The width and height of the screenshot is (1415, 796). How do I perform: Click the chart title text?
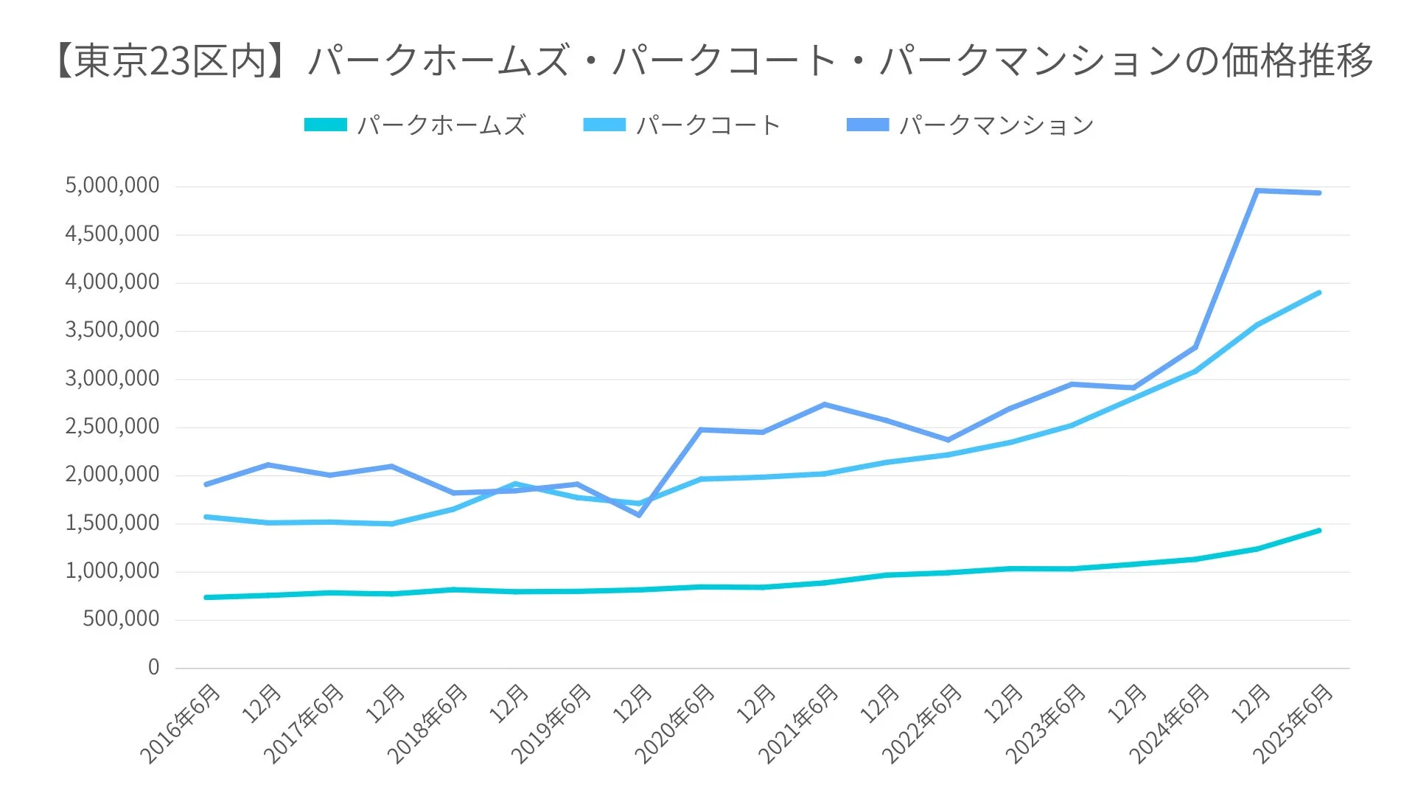(x=712, y=60)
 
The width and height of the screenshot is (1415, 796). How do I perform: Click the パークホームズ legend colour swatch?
(x=325, y=125)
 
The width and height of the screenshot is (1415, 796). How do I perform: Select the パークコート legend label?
(x=707, y=125)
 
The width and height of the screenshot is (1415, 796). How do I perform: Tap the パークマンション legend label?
(x=996, y=125)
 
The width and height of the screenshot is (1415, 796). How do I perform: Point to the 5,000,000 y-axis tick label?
(x=112, y=186)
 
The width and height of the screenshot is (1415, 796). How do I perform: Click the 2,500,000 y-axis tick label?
(x=112, y=427)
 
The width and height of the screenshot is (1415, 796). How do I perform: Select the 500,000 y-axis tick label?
(x=121, y=619)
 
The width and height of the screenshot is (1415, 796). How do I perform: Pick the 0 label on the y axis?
(x=153, y=668)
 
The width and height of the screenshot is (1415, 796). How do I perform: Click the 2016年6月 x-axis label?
(x=181, y=724)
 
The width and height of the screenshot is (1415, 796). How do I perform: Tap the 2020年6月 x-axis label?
(x=675, y=724)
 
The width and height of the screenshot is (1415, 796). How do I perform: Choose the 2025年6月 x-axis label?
(x=1293, y=724)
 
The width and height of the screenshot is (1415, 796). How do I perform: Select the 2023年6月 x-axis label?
(x=1046, y=724)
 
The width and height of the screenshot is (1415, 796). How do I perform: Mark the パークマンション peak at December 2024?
(x=1257, y=191)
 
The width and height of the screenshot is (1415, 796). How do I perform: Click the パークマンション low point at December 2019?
(x=639, y=514)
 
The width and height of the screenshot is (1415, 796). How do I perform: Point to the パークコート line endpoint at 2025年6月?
(x=1318, y=293)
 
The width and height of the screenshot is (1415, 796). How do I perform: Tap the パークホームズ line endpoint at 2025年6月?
(x=1318, y=531)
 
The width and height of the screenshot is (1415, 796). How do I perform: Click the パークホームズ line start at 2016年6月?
(x=206, y=597)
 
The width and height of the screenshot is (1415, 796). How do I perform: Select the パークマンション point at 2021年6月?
(x=824, y=405)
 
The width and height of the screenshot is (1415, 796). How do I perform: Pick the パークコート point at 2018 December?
(x=515, y=484)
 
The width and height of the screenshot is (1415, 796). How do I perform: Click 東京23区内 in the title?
(x=170, y=60)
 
